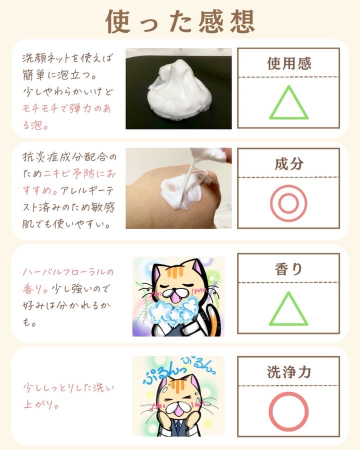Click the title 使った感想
click(x=180, y=21)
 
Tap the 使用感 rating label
click(x=289, y=63)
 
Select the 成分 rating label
click(x=289, y=164)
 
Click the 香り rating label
click(x=289, y=269)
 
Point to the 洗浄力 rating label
click(x=289, y=372)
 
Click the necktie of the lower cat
click(x=178, y=427)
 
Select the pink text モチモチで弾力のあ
click(x=66, y=108)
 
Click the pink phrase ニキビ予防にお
click(x=79, y=173)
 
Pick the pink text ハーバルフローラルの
click(x=68, y=271)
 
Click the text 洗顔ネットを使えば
click(x=68, y=58)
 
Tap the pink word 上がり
click(x=41, y=404)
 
